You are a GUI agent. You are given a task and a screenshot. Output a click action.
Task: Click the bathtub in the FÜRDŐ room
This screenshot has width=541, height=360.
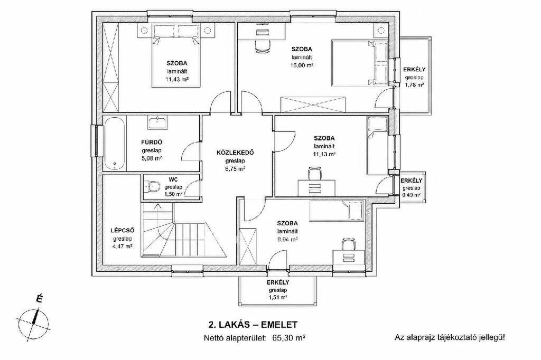(115, 144)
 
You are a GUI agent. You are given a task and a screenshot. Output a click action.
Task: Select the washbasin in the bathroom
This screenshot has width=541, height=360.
(158, 122)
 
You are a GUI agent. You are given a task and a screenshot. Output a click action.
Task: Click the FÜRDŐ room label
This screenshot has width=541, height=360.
(152, 142)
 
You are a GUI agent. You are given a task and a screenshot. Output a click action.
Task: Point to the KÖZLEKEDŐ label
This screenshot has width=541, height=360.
(235, 153)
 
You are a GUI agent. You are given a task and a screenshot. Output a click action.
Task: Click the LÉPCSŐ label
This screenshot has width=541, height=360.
(122, 231)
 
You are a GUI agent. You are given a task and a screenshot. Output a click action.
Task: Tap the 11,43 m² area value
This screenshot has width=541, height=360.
(178, 79)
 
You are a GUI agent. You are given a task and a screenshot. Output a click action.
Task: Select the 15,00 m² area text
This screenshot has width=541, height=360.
(302, 64)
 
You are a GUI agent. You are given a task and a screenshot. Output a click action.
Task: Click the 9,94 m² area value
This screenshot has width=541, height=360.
(287, 239)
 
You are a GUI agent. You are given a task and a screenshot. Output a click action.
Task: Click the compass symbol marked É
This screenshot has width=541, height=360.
(33, 320)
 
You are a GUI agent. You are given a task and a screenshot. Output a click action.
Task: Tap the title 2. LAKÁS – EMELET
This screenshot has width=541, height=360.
(253, 325)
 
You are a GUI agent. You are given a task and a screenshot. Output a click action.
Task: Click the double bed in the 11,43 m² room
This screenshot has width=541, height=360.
(176, 56)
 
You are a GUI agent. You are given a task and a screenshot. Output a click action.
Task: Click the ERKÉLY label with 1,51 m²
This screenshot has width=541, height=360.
(278, 282)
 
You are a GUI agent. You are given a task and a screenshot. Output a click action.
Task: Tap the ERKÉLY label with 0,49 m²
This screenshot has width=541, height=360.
(411, 181)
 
